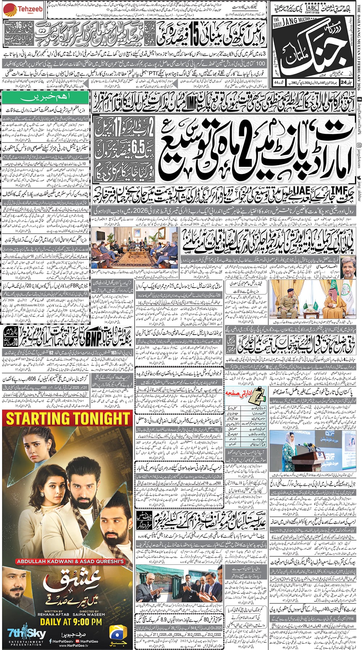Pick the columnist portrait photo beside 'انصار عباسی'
coord(348,265)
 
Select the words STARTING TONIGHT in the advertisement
coord(68,418)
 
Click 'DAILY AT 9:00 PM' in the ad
coord(71,622)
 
